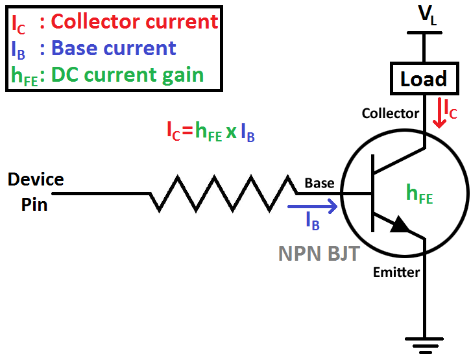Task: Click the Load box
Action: pyautogui.click(x=424, y=79)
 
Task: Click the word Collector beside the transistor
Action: pyautogui.click(x=391, y=114)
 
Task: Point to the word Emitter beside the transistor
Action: pyautogui.click(x=396, y=272)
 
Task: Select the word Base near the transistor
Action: pyautogui.click(x=319, y=183)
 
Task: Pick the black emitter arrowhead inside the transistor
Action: pyautogui.click(x=400, y=224)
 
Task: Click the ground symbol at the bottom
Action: pyautogui.click(x=425, y=343)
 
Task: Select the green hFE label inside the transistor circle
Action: pyautogui.click(x=419, y=193)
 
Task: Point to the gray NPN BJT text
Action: pyautogui.click(x=319, y=252)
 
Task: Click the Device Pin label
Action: pyautogui.click(x=36, y=191)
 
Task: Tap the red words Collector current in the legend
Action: pyautogui.click(x=135, y=21)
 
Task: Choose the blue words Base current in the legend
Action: pyautogui.click(x=114, y=48)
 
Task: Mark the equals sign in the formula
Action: pyautogui.click(x=187, y=132)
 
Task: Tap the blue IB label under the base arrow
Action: pyautogui.click(x=313, y=222)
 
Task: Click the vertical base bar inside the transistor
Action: pyautogui.click(x=373, y=193)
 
